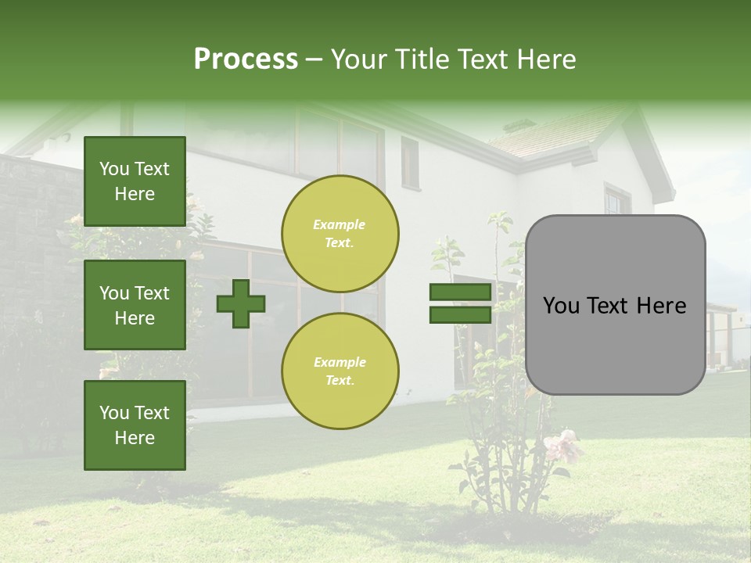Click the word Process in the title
246,59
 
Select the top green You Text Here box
135,181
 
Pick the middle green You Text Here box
135,305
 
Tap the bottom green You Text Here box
135,425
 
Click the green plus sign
241,303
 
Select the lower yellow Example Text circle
340,371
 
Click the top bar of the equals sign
460,292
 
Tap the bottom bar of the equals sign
460,314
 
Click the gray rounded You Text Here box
615,305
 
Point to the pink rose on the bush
563,446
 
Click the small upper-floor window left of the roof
410,163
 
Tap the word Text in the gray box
616,306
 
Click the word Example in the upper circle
339,224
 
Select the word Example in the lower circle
340,362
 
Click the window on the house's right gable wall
617,202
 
